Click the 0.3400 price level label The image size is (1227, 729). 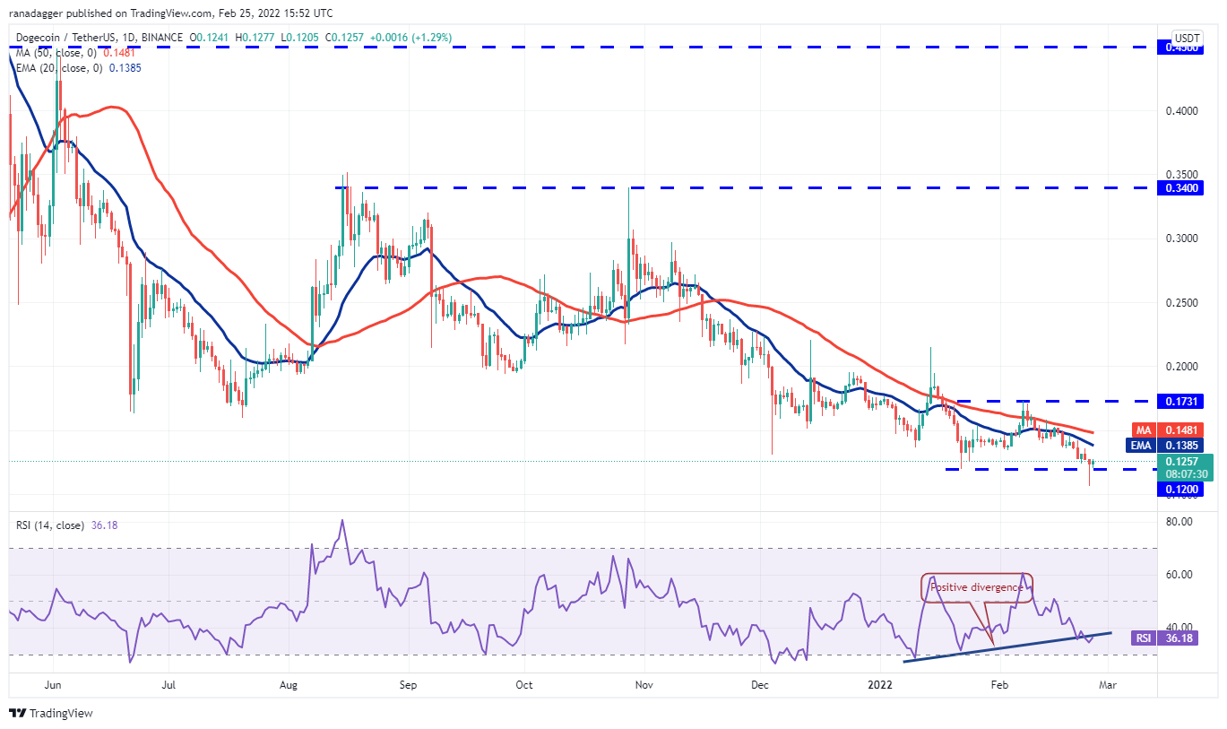pos(1183,187)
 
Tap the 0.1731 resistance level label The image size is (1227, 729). pos(1183,401)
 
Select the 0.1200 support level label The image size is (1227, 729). pos(1183,489)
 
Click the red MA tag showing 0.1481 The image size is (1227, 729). pos(1183,430)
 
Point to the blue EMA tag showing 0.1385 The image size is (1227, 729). pos(1183,444)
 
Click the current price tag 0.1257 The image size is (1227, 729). pos(1183,461)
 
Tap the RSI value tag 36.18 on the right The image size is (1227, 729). pos(1183,638)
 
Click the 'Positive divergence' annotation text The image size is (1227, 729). pos(976,587)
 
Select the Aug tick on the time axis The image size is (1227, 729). pos(288,685)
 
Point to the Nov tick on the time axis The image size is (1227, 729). pos(643,685)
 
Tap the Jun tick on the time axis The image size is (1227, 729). pos(52,685)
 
